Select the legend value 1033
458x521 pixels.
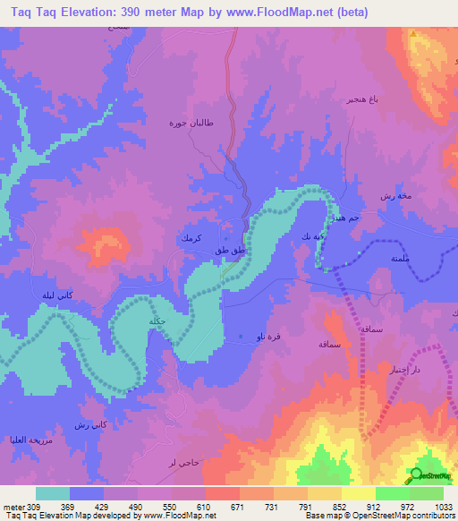tap(432, 507)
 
